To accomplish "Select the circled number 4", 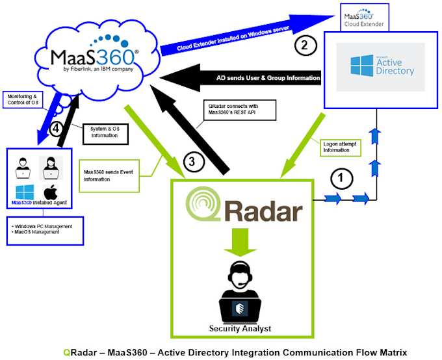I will [x=57, y=129].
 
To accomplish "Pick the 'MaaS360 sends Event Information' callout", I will [x=109, y=176].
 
